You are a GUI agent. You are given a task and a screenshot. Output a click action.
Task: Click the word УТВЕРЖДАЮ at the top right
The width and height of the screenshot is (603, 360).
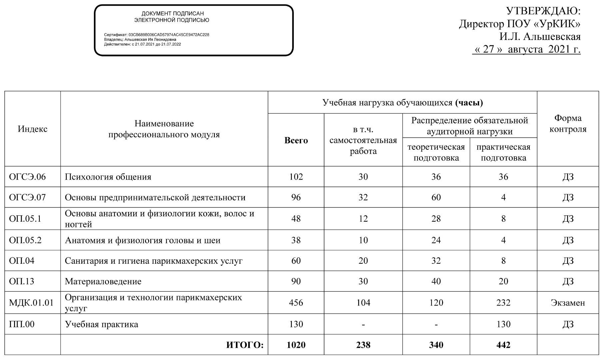click(x=543, y=11)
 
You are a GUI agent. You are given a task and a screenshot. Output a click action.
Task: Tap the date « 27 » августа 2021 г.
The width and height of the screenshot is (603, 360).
click(x=526, y=49)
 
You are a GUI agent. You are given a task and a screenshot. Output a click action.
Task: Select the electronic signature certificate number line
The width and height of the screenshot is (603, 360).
click(x=157, y=35)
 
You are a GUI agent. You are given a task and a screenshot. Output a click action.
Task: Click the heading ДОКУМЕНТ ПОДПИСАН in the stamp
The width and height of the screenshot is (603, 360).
click(x=173, y=14)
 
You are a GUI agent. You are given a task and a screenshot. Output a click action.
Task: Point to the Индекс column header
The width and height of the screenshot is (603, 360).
click(x=33, y=129)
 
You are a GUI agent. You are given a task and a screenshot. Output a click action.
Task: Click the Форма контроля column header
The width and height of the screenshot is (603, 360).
click(x=568, y=123)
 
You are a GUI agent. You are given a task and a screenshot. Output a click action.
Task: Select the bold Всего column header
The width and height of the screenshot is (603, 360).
click(x=296, y=140)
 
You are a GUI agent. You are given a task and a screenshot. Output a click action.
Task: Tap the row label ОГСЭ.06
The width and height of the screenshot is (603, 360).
click(x=27, y=177)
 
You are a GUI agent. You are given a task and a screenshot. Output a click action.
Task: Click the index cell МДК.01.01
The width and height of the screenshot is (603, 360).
click(x=31, y=303)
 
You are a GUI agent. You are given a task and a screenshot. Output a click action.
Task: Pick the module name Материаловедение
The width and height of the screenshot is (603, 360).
click(x=103, y=281)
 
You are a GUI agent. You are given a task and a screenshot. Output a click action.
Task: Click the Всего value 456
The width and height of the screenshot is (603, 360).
click(x=296, y=303)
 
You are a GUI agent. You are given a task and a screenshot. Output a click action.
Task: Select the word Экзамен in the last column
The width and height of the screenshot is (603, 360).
click(x=568, y=303)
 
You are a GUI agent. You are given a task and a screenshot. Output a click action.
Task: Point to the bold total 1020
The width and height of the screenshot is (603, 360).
click(x=296, y=345)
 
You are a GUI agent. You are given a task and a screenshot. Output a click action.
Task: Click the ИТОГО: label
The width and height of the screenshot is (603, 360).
click(x=245, y=345)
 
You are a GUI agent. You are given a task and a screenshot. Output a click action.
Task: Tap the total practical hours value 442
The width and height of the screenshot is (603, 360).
click(x=503, y=345)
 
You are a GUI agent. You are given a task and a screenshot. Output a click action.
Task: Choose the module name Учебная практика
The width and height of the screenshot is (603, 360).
click(x=101, y=324)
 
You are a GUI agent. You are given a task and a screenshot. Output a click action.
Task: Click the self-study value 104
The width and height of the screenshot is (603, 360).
click(x=363, y=303)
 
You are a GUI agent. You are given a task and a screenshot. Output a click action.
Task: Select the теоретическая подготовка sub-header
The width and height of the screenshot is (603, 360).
click(x=436, y=152)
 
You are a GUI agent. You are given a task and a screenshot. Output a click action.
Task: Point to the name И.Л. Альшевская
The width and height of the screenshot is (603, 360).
click(x=540, y=36)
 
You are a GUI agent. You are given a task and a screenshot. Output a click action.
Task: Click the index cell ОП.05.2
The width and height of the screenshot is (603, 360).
click(x=25, y=240)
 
